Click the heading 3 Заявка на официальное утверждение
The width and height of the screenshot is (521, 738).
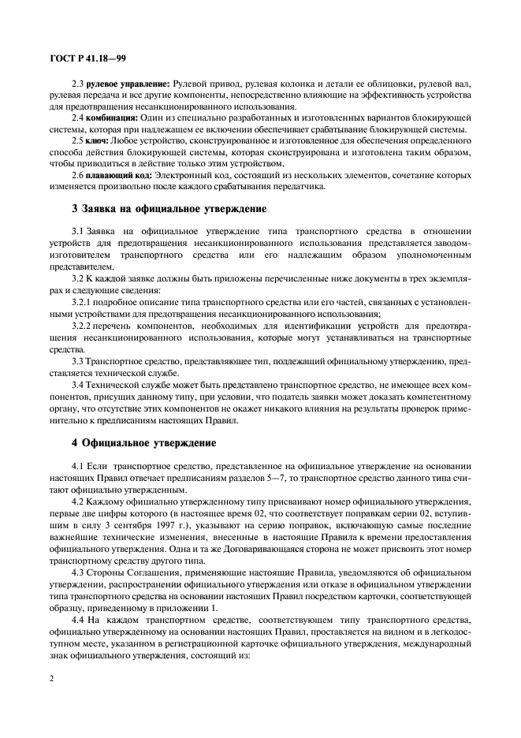coord(169,209)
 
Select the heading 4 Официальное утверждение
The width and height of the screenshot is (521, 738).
coord(138,443)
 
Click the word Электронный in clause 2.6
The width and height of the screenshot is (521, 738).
coord(197,175)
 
